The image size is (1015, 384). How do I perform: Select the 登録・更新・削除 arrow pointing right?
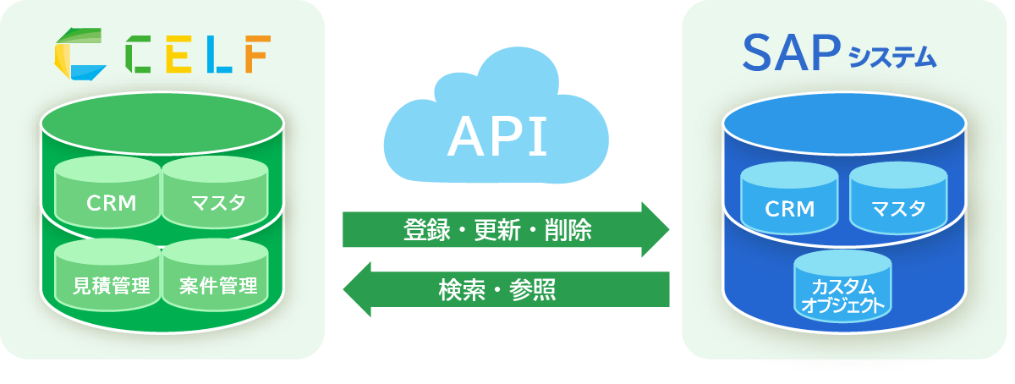click(x=505, y=229)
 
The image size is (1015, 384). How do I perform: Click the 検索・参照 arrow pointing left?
click(x=505, y=289)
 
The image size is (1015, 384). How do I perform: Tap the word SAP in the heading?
click(x=790, y=53)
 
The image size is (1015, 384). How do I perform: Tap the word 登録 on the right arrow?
click(x=424, y=229)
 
